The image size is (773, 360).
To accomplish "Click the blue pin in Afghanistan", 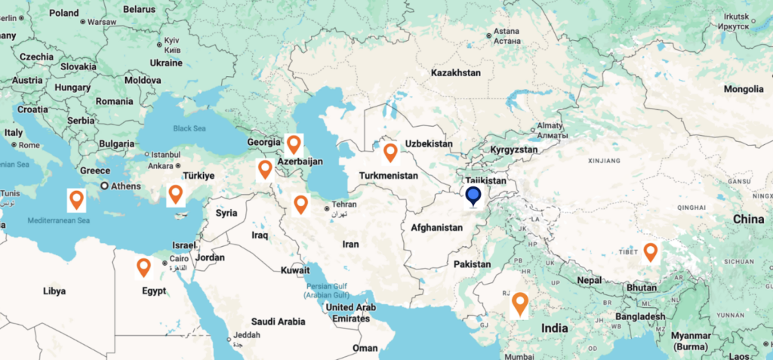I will pyautogui.click(x=473, y=197).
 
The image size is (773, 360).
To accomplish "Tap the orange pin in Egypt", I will pyautogui.click(x=143, y=267).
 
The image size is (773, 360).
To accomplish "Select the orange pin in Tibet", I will pyautogui.click(x=650, y=252).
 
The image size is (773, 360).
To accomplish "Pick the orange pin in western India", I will pyautogui.click(x=519, y=303).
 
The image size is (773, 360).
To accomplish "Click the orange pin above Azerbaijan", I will pyautogui.click(x=294, y=143).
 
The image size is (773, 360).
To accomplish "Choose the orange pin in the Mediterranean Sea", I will pyautogui.click(x=76, y=199).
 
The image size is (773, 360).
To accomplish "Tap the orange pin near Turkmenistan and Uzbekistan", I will pyautogui.click(x=390, y=152).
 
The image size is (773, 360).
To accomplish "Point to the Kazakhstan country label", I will pyautogui.click(x=455, y=73).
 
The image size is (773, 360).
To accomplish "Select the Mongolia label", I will pyautogui.click(x=744, y=89).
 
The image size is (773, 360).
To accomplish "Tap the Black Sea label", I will pyautogui.click(x=189, y=128).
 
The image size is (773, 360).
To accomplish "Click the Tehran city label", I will pyautogui.click(x=343, y=205).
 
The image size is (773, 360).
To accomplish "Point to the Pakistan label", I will pyautogui.click(x=473, y=264).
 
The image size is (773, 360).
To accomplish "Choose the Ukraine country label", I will pyautogui.click(x=166, y=63).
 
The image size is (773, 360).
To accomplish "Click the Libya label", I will pyautogui.click(x=54, y=291).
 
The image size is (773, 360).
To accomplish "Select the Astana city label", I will pyautogui.click(x=507, y=32).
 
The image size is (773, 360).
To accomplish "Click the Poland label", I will pyautogui.click(x=64, y=13).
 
